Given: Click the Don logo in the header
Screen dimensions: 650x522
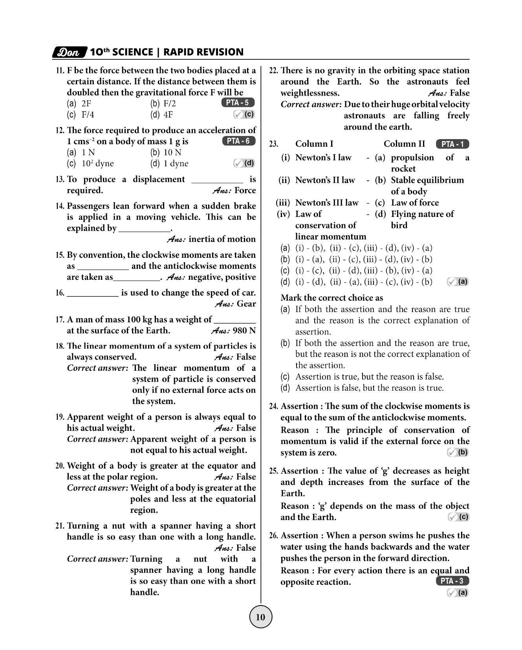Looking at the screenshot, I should pyautogui.click(x=70, y=52).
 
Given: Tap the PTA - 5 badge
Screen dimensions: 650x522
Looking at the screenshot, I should pyautogui.click(x=238, y=103).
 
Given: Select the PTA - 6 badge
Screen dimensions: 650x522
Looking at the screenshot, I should pyautogui.click(x=239, y=141).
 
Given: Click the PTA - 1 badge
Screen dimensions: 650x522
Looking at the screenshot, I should pyautogui.click(x=452, y=144).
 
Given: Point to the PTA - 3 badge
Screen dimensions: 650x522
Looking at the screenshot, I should pyautogui.click(x=452, y=581).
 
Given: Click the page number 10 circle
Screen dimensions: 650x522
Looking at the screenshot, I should pyautogui.click(x=260, y=617).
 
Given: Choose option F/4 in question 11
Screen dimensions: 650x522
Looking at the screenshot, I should pyautogui.click(x=88, y=115).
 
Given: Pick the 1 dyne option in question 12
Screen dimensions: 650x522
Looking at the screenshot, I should pyautogui.click(x=176, y=163).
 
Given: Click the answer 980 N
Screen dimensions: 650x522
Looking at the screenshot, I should pyautogui.click(x=244, y=331).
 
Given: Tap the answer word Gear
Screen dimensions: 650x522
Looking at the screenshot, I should pyautogui.click(x=246, y=304).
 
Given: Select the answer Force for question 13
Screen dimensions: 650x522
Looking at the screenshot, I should pyautogui.click(x=245, y=191).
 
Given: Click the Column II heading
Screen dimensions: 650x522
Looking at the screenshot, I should pyautogui.click(x=404, y=144).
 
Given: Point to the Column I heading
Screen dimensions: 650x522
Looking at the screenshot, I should pyautogui.click(x=314, y=144).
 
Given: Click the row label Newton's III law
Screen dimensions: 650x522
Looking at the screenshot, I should pyautogui.click(x=327, y=203).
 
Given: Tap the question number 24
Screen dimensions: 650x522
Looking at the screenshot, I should pyautogui.click(x=274, y=406).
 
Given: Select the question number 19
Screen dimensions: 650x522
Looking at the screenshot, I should pyautogui.click(x=60, y=417).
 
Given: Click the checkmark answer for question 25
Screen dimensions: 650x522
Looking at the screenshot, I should pyautogui.click(x=458, y=517).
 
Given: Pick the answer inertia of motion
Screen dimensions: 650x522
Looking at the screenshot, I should pyautogui.click(x=222, y=239).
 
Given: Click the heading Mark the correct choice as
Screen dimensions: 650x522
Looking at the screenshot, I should pyautogui.click(x=332, y=298).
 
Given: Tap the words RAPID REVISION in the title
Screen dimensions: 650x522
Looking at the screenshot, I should pyautogui.click(x=203, y=52).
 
